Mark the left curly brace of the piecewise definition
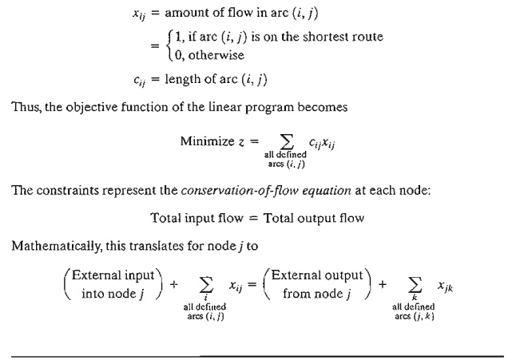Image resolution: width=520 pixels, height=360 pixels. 189,45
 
